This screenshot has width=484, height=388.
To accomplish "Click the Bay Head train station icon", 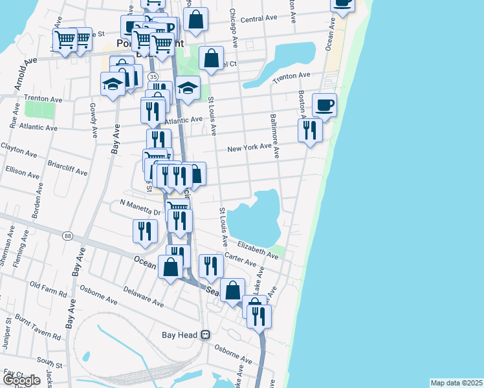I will (206, 334).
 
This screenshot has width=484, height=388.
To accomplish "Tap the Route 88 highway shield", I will (68, 236).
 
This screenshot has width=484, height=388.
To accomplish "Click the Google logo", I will (21, 380).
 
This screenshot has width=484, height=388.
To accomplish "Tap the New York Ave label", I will (248, 148).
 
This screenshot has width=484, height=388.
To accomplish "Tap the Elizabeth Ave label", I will (258, 250).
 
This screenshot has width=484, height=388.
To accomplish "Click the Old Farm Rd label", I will (49, 288).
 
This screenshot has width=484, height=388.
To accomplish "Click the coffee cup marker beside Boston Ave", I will (324, 105).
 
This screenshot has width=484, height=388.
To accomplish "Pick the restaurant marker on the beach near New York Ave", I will (310, 129).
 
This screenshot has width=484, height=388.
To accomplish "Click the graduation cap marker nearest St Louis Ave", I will (188, 88).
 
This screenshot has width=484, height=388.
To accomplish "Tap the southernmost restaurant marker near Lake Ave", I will (259, 316).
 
